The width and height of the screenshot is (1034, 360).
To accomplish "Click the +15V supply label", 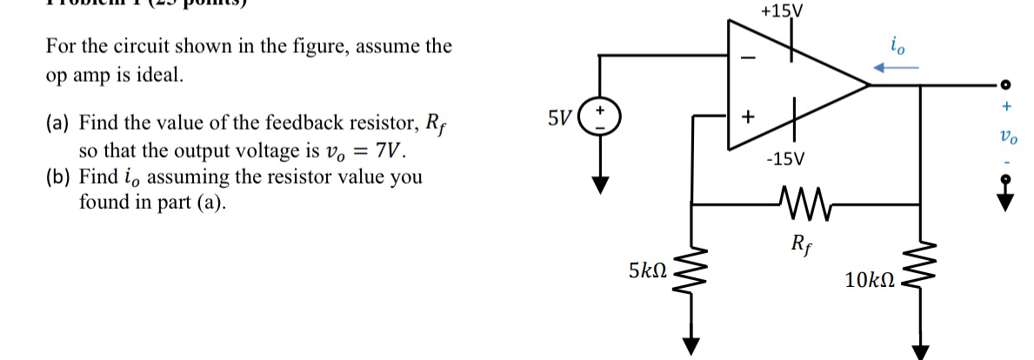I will click(781, 12).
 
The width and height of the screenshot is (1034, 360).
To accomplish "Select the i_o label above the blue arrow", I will click(897, 45).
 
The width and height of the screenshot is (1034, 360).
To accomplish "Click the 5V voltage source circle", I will click(599, 117).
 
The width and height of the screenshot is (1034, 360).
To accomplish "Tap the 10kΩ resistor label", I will click(869, 280).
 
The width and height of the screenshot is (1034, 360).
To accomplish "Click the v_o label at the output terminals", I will click(1007, 137).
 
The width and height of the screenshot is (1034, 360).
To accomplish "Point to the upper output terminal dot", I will click(1006, 85).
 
